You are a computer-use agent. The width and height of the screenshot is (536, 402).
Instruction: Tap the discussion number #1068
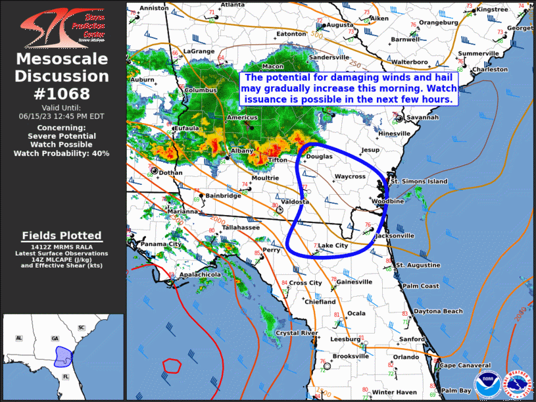(x=62, y=94)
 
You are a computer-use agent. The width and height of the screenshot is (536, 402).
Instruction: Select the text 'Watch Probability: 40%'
(x=62, y=153)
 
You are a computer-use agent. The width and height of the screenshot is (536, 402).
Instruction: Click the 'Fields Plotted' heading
(x=62, y=236)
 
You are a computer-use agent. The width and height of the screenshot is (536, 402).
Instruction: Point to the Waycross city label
(x=350, y=177)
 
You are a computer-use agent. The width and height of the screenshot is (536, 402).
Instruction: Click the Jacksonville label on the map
(x=395, y=235)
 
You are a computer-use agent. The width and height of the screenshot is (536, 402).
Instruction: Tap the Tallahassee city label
(x=240, y=227)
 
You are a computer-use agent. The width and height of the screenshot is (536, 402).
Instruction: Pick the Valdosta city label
(x=294, y=201)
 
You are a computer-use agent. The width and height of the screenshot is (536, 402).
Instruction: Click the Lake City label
(x=333, y=245)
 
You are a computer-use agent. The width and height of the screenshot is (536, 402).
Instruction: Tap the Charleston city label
(x=489, y=69)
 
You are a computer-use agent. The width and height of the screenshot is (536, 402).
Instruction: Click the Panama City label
(x=160, y=244)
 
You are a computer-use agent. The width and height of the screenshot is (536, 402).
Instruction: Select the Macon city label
(x=273, y=66)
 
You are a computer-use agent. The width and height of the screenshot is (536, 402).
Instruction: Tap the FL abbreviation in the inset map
(x=66, y=376)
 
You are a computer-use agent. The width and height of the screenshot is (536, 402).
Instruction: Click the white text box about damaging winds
(x=349, y=88)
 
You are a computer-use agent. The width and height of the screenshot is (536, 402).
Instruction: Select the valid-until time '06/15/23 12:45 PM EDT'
(x=62, y=115)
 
